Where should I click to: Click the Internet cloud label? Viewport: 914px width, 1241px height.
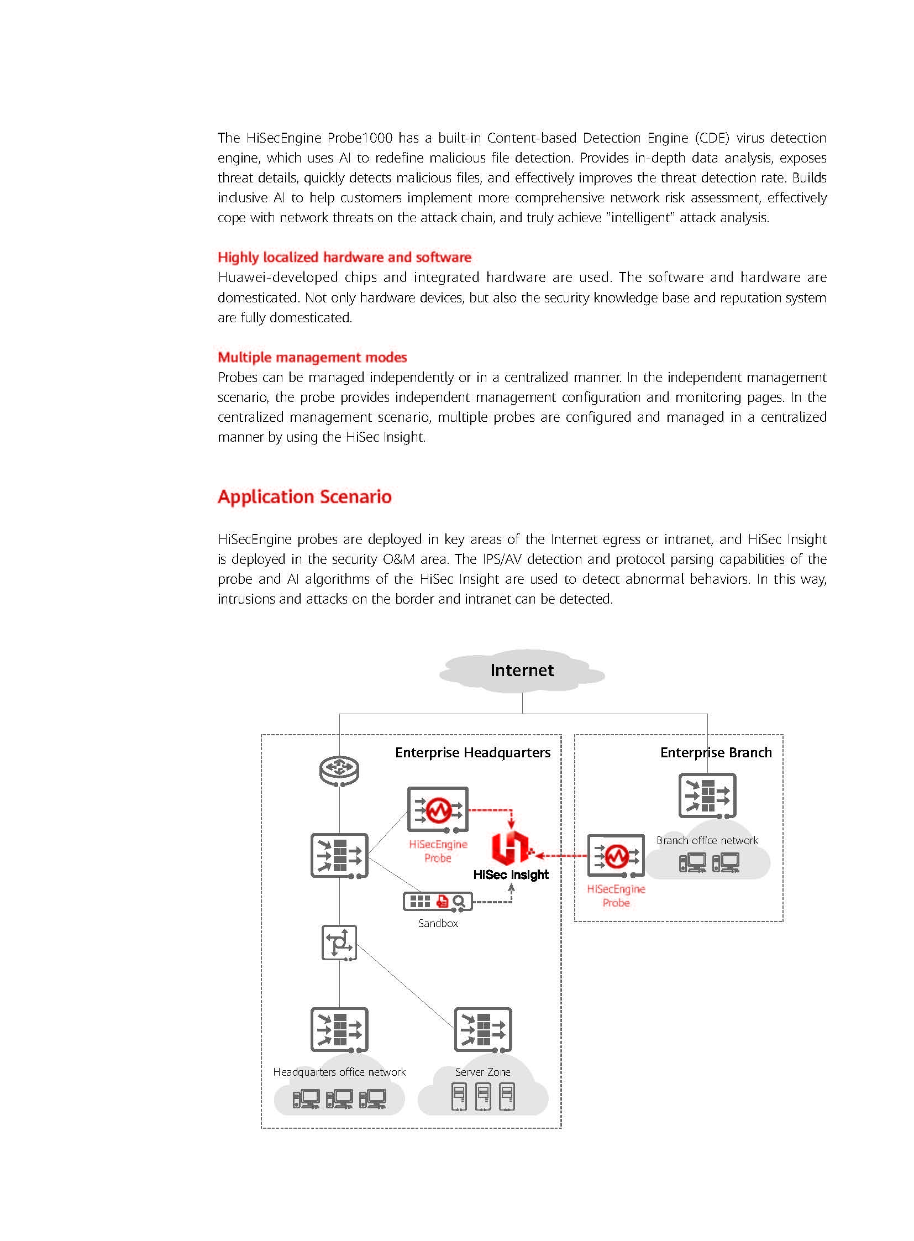pyautogui.click(x=522, y=671)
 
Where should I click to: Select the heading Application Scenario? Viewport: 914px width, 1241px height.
pyautogui.click(x=304, y=496)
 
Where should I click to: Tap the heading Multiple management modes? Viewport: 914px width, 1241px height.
pyautogui.click(x=312, y=357)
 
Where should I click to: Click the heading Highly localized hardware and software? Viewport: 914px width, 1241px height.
pyautogui.click(x=344, y=257)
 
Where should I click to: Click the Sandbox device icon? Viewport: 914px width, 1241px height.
pyautogui.click(x=438, y=902)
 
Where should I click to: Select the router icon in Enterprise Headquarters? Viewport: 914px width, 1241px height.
pyautogui.click(x=339, y=771)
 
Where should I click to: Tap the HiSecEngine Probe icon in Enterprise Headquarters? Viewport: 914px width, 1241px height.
pyautogui.click(x=438, y=809)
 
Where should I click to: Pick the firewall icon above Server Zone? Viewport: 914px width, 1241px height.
pyautogui.click(x=483, y=1029)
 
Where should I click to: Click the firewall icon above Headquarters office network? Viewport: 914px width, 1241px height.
pyautogui.click(x=339, y=1029)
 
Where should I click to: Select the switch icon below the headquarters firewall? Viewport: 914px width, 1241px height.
pyautogui.click(x=339, y=942)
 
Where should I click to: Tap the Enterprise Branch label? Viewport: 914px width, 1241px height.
pyautogui.click(x=716, y=752)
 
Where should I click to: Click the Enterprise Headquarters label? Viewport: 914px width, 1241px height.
pyautogui.click(x=472, y=752)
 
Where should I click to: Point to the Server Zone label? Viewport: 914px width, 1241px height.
pyautogui.click(x=482, y=1072)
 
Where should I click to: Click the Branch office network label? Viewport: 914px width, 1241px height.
pyautogui.click(x=707, y=840)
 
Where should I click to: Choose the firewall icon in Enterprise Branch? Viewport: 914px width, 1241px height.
pyautogui.click(x=707, y=795)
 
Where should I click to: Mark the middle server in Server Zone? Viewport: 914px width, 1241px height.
pyautogui.click(x=483, y=1097)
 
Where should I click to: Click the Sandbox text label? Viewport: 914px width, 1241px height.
pyautogui.click(x=438, y=923)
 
